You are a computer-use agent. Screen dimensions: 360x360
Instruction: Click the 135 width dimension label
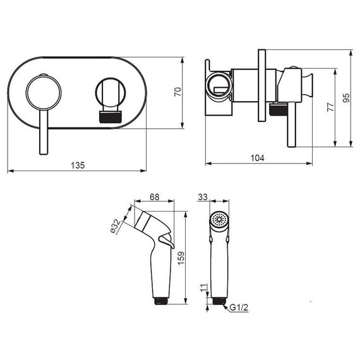click(x=78, y=165)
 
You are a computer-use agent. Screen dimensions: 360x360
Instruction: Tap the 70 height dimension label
click(x=178, y=92)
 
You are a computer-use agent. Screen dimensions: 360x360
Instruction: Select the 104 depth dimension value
click(x=258, y=158)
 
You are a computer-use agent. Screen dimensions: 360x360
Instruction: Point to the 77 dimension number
click(x=330, y=107)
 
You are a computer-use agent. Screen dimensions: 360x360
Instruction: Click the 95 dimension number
click(x=346, y=98)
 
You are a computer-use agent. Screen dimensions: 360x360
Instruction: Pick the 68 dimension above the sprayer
click(x=154, y=197)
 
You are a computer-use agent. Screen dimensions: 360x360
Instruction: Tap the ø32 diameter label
click(x=116, y=226)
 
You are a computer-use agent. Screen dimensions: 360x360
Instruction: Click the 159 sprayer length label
click(x=181, y=258)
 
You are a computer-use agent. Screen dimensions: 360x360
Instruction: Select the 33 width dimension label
click(x=203, y=197)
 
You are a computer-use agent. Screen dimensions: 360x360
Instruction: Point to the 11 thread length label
click(x=203, y=287)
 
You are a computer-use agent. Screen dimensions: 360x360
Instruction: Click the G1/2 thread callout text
click(x=239, y=308)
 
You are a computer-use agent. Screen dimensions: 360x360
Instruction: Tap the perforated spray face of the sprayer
click(x=219, y=220)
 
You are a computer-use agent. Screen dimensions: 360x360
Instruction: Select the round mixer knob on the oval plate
click(x=44, y=92)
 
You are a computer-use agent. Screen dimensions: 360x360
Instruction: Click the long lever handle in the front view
click(x=44, y=132)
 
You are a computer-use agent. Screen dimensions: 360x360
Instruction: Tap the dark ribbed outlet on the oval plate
click(x=110, y=117)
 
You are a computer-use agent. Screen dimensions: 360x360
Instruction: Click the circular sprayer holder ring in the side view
click(x=219, y=86)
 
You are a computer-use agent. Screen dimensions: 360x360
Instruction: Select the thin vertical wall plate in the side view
click(x=261, y=85)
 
